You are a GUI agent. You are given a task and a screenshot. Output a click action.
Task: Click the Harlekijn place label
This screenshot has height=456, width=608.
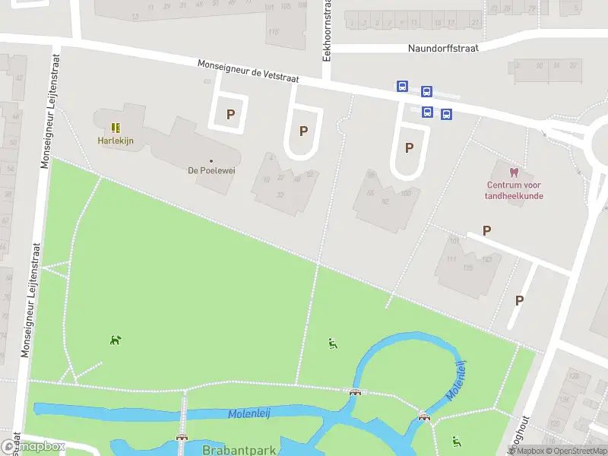pyautogui.click(x=116, y=141)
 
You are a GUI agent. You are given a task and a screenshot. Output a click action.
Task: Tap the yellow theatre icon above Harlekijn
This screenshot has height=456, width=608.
pyautogui.click(x=116, y=128)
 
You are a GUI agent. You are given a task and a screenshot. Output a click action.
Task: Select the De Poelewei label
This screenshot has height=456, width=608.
pyautogui.click(x=211, y=170)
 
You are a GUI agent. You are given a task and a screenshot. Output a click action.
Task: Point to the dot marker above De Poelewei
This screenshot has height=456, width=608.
pyautogui.click(x=211, y=160)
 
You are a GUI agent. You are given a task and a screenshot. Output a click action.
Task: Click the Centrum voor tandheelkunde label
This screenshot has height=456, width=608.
pyautogui.click(x=515, y=190)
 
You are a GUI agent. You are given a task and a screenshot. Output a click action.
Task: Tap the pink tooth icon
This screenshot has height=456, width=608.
pyautogui.click(x=515, y=172)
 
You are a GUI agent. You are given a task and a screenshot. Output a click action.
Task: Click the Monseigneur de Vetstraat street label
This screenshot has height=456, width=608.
pyautogui.click(x=249, y=72)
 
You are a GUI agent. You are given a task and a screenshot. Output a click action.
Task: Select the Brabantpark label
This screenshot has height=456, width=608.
pyautogui.click(x=239, y=450)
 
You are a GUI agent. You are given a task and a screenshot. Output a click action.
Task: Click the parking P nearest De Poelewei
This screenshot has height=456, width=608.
pyautogui.click(x=230, y=115)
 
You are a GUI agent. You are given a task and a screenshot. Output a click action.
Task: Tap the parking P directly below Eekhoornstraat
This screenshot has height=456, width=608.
pyautogui.click(x=303, y=131)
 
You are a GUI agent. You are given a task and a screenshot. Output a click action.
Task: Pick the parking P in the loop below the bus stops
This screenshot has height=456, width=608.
pyautogui.click(x=409, y=147)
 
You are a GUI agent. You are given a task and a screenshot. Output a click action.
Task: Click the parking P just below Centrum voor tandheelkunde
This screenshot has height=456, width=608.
pyautogui.click(x=486, y=230)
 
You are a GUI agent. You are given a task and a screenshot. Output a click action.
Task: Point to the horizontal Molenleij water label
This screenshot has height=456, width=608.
pyautogui.click(x=251, y=414)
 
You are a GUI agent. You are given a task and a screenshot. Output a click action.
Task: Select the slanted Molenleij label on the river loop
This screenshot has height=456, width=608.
pyautogui.click(x=456, y=382)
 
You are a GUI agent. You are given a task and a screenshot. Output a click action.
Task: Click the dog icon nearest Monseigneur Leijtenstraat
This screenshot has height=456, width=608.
pyautogui.click(x=115, y=340)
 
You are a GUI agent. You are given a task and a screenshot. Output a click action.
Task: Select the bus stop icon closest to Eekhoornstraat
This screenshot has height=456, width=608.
pyautogui.click(x=401, y=87)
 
